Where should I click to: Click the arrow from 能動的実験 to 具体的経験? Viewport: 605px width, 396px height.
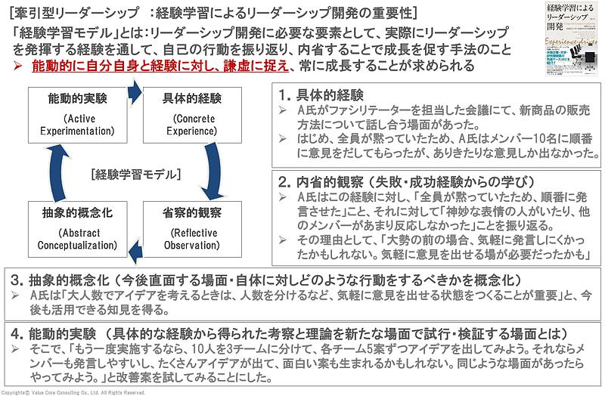[x=134, y=92]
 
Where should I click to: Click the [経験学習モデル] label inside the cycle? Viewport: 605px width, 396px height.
[x=133, y=175]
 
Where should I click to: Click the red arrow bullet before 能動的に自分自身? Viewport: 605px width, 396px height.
[x=19, y=66]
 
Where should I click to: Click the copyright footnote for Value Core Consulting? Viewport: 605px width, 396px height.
[x=73, y=392]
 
